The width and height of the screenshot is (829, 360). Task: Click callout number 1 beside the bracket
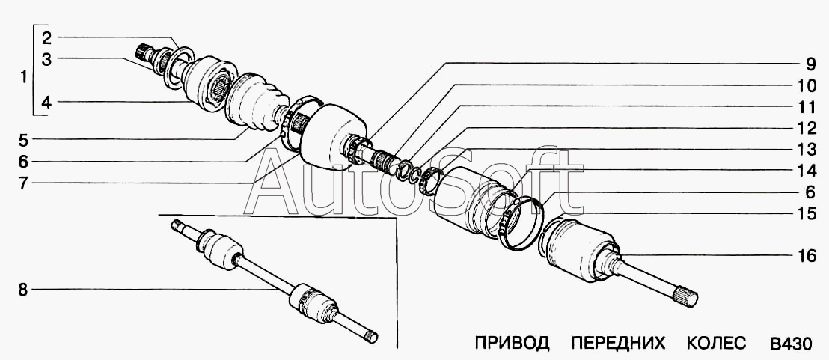click(23, 76)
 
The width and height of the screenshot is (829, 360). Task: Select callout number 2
click(46, 37)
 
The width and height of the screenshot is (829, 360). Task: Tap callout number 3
click(46, 60)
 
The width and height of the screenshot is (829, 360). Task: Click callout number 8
click(23, 290)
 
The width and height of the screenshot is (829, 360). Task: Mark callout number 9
click(805, 63)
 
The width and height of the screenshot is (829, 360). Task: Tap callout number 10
click(805, 85)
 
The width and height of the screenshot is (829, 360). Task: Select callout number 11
click(805, 106)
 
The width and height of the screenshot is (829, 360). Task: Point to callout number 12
click(805, 128)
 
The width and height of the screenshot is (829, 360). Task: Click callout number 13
click(805, 150)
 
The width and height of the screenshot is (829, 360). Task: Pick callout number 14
click(805, 171)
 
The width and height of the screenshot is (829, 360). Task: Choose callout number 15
click(805, 214)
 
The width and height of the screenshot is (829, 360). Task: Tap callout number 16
click(805, 257)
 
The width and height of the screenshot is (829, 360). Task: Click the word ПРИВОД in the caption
click(512, 344)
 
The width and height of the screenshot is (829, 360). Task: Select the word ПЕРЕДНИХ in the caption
click(618, 344)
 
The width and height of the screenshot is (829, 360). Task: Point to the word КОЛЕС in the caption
click(716, 344)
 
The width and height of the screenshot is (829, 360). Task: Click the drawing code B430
click(790, 344)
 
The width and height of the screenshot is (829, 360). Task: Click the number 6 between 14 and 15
click(805, 192)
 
